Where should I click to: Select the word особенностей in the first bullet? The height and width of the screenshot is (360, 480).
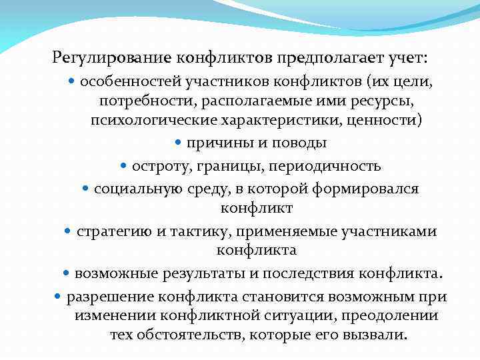(123, 82)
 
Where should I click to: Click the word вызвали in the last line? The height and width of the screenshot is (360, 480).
(375, 334)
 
